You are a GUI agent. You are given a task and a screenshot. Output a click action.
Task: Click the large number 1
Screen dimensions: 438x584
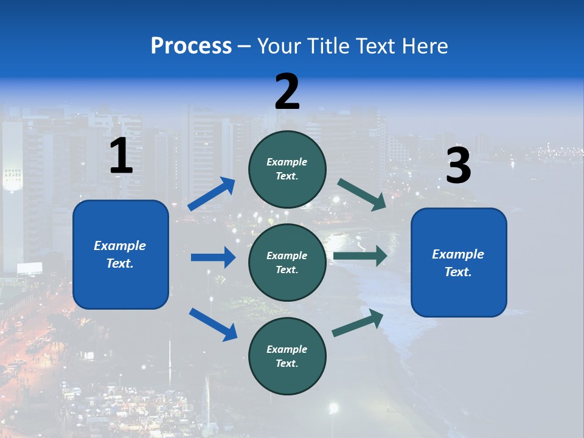(121, 156)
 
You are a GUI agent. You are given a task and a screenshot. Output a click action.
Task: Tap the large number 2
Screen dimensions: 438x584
(287, 92)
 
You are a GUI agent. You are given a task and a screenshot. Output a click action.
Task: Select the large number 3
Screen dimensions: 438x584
(458, 166)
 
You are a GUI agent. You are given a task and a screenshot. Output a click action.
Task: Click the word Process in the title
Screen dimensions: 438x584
(191, 46)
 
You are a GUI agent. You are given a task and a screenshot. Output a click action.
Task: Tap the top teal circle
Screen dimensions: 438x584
(287, 169)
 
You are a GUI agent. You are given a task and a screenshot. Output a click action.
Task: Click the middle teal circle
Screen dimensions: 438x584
(287, 262)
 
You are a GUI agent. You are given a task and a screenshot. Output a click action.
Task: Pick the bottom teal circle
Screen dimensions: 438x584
(287, 356)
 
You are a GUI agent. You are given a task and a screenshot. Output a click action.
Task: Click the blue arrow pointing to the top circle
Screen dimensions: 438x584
(212, 194)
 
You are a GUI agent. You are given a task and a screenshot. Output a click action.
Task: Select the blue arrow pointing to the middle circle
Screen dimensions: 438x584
(213, 257)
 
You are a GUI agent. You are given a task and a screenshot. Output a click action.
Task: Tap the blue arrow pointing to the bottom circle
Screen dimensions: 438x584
(213, 324)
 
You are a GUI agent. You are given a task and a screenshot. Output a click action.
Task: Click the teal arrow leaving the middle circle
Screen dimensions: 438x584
(360, 255)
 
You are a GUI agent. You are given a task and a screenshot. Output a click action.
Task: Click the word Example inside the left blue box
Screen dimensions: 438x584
(120, 246)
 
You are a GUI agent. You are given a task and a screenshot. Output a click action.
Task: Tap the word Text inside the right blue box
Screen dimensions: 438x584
(457, 272)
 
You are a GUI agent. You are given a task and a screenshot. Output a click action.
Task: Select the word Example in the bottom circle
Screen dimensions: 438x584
(287, 349)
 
